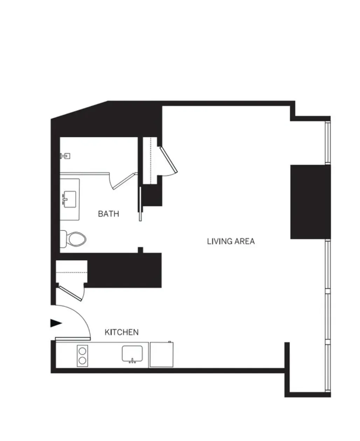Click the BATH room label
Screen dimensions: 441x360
109,213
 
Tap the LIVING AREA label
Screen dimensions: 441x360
231,241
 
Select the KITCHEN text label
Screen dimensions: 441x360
122,332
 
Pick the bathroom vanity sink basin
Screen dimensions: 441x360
70,198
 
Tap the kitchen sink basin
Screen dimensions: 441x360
132,353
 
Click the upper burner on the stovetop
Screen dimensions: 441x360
83,351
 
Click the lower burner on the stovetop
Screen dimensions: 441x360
83,360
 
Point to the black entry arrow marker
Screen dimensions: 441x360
56,323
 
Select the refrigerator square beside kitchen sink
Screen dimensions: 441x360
161,355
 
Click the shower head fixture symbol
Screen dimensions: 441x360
65,156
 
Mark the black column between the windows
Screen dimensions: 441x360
310,202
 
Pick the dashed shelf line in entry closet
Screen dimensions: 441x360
71,272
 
